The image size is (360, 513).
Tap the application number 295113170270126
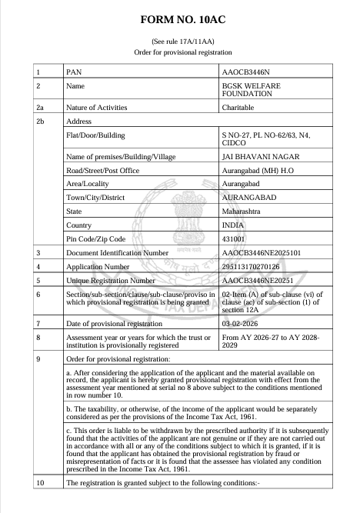(x=257, y=267)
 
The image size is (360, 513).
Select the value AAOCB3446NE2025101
(x=263, y=253)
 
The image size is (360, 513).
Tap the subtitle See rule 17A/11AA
(x=179, y=41)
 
